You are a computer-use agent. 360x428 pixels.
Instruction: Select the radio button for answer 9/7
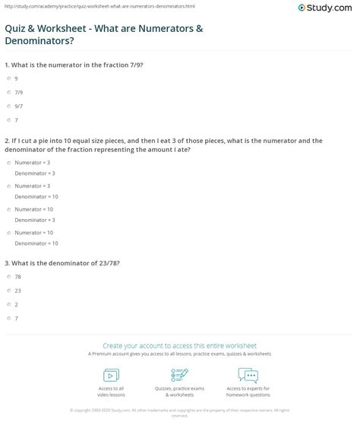point(8,106)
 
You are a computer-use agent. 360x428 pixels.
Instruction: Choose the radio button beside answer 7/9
point(8,92)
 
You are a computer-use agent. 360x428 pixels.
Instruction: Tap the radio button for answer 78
point(8,277)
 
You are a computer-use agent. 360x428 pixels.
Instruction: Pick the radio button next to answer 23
point(8,290)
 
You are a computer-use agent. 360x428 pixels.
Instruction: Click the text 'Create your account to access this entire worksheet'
point(180,345)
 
